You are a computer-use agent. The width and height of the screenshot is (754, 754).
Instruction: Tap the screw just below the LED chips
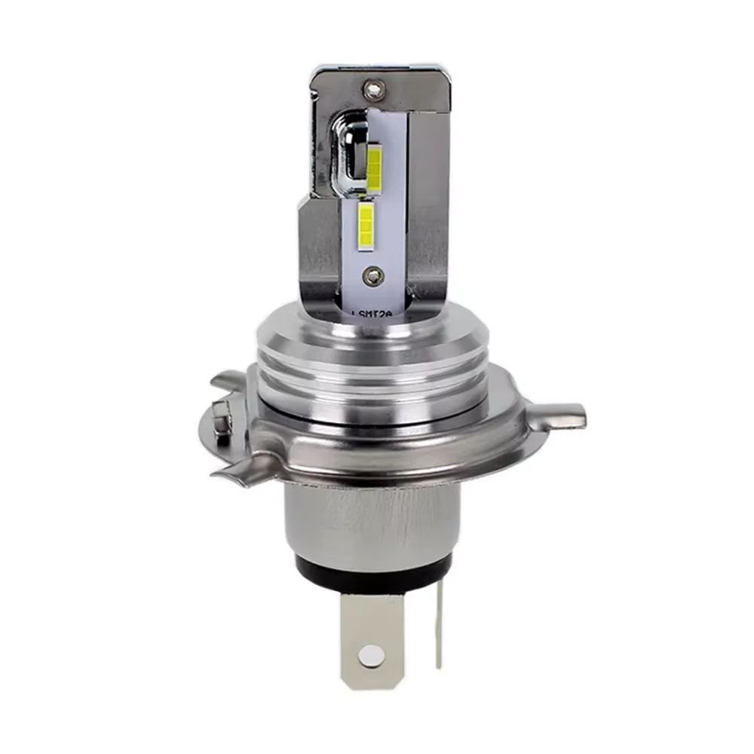(x=369, y=275)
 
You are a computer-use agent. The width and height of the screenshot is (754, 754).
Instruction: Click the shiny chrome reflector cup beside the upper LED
(x=349, y=151)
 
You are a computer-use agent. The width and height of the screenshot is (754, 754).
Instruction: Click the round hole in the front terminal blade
(x=369, y=655)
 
